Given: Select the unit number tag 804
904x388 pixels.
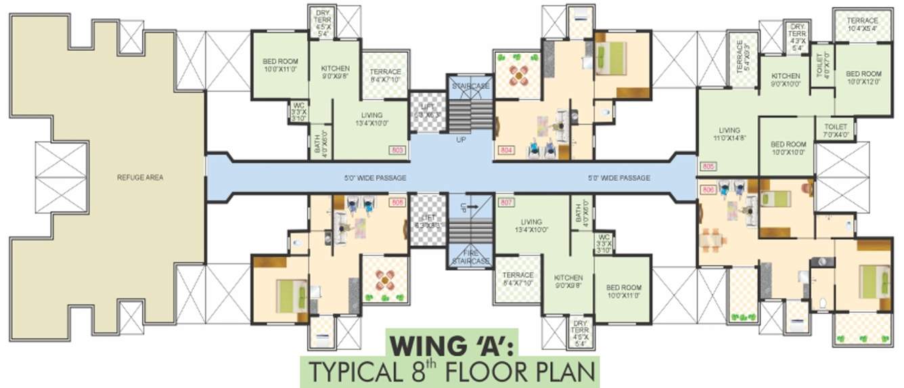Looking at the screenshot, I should (505, 150).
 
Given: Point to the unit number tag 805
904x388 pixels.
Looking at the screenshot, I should (708, 167).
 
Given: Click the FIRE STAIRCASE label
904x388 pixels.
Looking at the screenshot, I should (471, 257).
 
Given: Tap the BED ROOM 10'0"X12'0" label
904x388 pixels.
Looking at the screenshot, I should (863, 77).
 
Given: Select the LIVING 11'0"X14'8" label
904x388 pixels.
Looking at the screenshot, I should (729, 134).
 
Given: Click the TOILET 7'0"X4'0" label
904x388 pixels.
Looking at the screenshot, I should (836, 130).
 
